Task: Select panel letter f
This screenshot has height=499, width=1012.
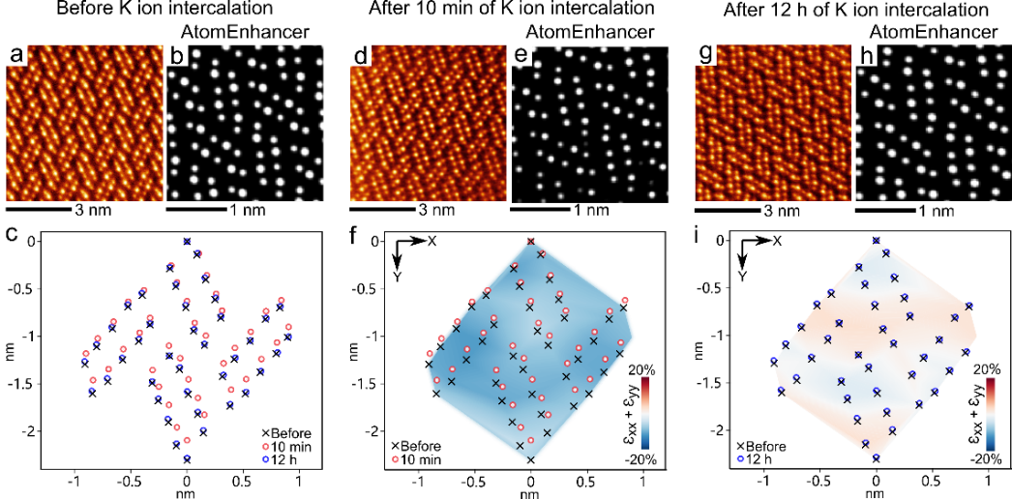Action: pyautogui.click(x=359, y=234)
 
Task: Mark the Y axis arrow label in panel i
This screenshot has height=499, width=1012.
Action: pyautogui.click(x=742, y=274)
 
